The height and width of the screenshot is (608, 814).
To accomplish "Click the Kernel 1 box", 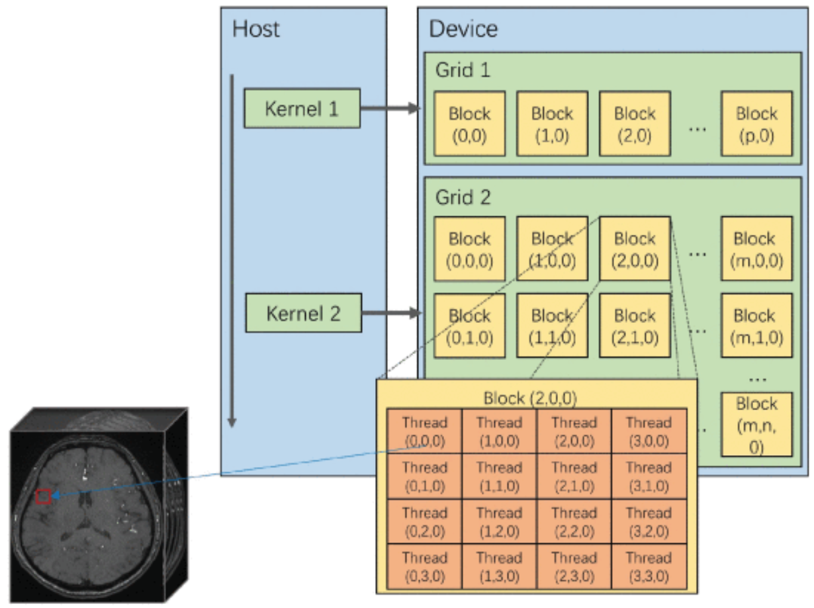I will [x=302, y=108].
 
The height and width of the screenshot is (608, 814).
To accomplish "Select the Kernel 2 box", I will [x=303, y=313].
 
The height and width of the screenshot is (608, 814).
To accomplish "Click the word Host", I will [x=256, y=28].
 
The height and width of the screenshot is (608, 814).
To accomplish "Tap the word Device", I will [x=463, y=28].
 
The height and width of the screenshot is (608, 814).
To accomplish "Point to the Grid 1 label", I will [x=463, y=70].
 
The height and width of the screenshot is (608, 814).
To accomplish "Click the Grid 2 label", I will [x=463, y=196].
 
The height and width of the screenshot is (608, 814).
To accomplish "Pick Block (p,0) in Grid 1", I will [x=756, y=124].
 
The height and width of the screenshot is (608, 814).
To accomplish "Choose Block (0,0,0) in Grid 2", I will [x=469, y=249].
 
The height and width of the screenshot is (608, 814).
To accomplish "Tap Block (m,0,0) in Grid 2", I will [x=756, y=249].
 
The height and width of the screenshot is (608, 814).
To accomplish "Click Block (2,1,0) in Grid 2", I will [x=635, y=326].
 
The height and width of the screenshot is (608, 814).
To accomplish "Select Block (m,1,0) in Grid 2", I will [x=756, y=326].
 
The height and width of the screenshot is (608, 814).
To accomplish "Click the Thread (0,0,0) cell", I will [x=424, y=431].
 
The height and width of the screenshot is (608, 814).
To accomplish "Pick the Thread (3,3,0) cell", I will [x=649, y=566].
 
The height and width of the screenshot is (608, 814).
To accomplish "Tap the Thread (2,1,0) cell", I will [x=574, y=476].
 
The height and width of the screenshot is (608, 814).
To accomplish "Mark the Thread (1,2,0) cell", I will [x=499, y=521].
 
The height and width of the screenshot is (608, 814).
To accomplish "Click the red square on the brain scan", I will [x=43, y=496].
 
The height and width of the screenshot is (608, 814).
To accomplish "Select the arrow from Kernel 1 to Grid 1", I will [x=390, y=108].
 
